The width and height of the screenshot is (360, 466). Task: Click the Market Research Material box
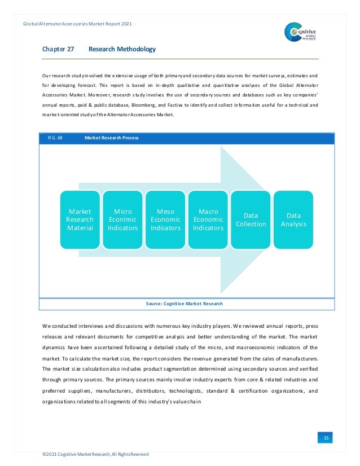tap(80, 219)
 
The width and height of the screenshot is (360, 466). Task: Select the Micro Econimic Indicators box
tap(122, 219)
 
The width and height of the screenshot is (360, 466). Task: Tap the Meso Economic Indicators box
tap(165, 219)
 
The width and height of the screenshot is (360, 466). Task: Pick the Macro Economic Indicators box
tap(208, 219)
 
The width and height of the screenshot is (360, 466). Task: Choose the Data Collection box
tap(251, 219)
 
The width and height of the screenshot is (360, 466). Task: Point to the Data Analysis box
tap(293, 219)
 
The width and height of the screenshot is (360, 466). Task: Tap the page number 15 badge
tap(326, 438)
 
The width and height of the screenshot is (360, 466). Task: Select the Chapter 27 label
tap(58, 50)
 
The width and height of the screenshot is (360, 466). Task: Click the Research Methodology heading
tap(122, 50)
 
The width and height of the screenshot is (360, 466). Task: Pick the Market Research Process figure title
tap(111, 138)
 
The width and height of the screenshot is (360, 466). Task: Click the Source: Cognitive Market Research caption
tap(184, 304)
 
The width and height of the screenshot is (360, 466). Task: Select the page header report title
tap(78, 24)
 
